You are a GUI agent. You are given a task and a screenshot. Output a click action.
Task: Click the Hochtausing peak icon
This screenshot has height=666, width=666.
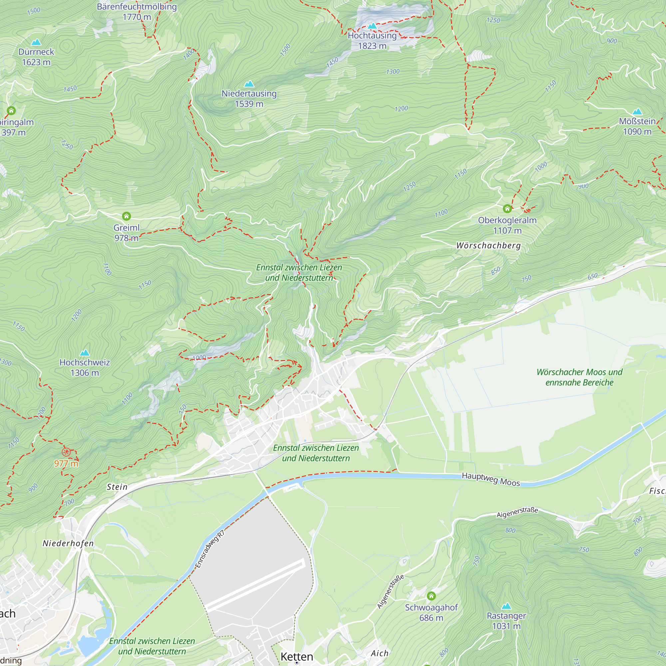click(372, 26)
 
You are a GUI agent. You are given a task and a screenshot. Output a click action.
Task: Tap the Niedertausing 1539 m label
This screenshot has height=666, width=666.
click(249, 99)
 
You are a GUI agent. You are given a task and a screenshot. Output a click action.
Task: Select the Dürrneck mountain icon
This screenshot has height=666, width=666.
click(36, 42)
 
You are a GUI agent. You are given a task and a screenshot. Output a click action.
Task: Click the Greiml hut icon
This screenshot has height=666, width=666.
click(127, 216)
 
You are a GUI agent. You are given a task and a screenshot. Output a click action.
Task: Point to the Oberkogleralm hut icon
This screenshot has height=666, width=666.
click(507, 208)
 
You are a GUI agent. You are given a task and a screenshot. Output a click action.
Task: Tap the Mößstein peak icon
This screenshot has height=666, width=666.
click(637, 112)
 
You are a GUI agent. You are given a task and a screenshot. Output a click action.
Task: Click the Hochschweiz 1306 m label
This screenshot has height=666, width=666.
click(85, 368)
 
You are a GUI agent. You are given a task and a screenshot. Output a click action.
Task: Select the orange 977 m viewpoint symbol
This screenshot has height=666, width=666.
click(66, 452)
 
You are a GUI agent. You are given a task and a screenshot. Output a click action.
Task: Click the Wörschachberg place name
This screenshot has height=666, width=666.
click(489, 245)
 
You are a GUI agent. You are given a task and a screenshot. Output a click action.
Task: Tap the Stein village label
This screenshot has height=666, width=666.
click(117, 487)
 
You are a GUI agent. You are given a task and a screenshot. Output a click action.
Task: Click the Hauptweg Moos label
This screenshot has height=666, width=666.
click(491, 479)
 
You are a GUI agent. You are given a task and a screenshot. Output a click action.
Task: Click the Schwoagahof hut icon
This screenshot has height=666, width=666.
click(431, 596)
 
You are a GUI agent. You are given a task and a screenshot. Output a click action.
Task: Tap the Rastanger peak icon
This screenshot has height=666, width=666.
click(506, 606)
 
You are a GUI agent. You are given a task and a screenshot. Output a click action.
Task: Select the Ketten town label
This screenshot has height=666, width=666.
click(297, 657)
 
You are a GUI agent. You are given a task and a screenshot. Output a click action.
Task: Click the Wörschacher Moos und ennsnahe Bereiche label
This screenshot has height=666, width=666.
click(579, 377)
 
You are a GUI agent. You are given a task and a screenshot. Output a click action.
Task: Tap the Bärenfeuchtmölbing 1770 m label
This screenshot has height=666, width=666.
click(137, 11)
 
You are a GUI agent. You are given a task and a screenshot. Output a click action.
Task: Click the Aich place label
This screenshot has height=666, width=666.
click(379, 654)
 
